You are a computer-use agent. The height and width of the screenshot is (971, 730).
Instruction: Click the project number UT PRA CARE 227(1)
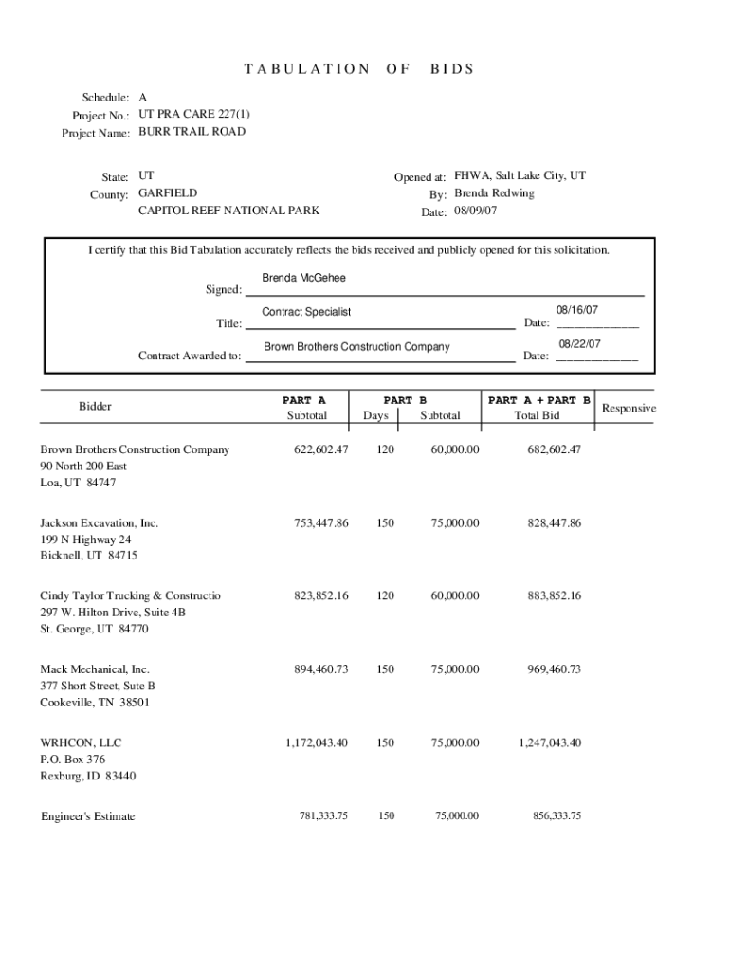[x=194, y=114]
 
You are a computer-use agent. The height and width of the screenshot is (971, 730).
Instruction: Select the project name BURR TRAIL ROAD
[x=192, y=132]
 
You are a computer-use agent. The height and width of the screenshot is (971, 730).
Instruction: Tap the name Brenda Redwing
[x=493, y=193]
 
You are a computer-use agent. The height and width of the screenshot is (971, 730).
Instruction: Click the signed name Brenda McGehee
[x=303, y=278]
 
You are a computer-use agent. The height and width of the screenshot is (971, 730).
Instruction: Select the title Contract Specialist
[x=306, y=312]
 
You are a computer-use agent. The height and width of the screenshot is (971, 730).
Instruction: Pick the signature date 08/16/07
[x=576, y=310]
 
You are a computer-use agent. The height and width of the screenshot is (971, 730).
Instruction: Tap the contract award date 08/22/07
[x=579, y=344]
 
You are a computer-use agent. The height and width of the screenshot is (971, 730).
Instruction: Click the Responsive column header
[x=629, y=408]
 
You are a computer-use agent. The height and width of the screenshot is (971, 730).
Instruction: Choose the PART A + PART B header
[x=538, y=400]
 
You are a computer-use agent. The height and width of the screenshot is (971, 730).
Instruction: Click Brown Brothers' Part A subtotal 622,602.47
[x=317, y=449]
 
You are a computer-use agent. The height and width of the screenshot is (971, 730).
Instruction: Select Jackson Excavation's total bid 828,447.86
[x=555, y=523]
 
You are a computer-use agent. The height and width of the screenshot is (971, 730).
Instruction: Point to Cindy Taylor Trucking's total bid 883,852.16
[x=555, y=596]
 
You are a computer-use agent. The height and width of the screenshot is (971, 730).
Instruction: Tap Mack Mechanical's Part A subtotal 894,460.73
[x=317, y=669]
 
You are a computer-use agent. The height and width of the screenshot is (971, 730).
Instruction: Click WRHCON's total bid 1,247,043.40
[x=550, y=742]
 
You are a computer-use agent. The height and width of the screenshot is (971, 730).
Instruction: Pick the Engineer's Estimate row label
[x=88, y=816]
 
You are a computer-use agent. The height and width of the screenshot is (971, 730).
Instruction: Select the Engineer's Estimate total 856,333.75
[x=557, y=816]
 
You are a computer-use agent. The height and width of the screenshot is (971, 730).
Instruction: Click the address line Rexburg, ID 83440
[x=87, y=777]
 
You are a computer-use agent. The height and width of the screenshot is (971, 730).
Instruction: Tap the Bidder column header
[x=95, y=407]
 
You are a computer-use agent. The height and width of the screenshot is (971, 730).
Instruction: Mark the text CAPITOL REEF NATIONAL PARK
[x=228, y=211]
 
